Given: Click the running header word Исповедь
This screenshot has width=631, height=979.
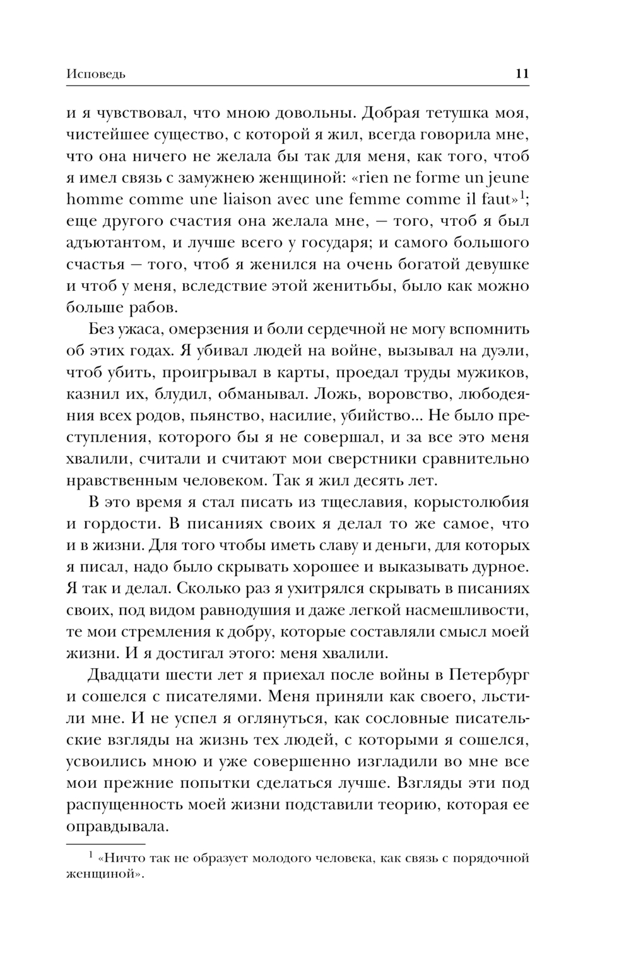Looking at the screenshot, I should click(x=96, y=74).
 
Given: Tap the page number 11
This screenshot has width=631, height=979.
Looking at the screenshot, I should click(x=522, y=73).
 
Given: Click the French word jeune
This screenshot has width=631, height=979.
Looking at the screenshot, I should click(x=506, y=179).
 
